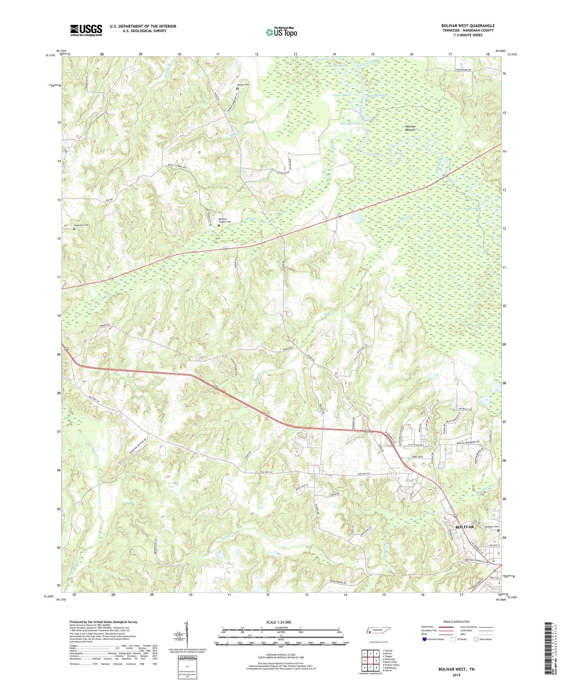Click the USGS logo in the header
tap(86, 30)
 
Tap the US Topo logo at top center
tap(281, 32)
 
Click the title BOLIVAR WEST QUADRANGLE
tap(467, 26)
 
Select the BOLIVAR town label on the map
tap(464, 527)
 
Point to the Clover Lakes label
tap(341, 95)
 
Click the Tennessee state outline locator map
tap(378, 631)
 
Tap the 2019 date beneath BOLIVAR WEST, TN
tap(456, 675)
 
